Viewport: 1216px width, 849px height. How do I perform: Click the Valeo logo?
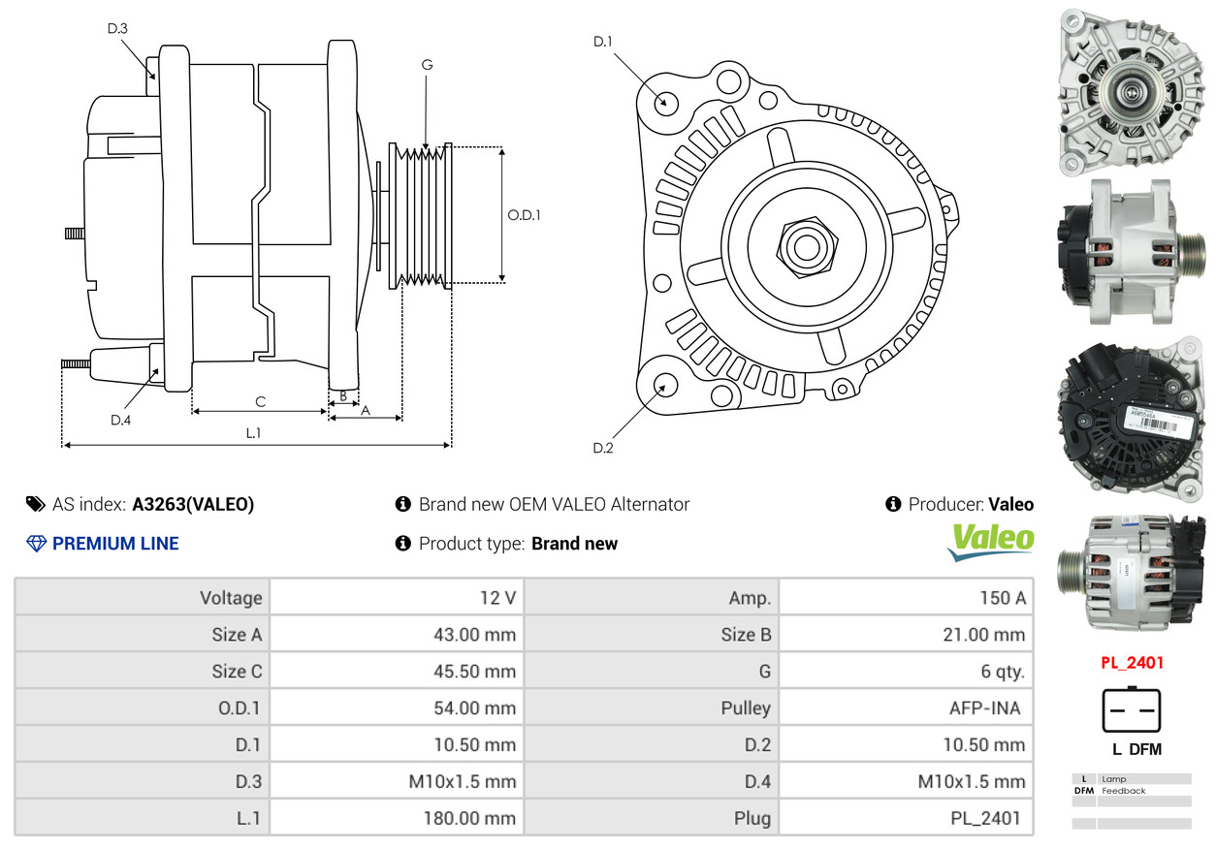[x=991, y=540]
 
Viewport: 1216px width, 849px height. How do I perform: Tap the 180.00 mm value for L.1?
[x=469, y=818]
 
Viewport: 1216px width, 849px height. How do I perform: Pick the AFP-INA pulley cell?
[x=984, y=707]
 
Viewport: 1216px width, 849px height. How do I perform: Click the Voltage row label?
[x=231, y=597]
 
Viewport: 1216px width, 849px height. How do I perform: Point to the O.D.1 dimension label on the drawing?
[x=524, y=215]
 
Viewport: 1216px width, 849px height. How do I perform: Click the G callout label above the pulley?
[x=427, y=65]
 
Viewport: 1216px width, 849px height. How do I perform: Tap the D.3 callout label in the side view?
[x=117, y=28]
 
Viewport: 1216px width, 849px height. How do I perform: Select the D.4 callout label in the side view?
[x=120, y=420]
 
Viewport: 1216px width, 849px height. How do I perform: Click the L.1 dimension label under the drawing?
[x=253, y=433]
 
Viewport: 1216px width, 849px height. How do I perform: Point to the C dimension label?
[x=260, y=401]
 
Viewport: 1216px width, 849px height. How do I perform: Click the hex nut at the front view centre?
[x=805, y=245]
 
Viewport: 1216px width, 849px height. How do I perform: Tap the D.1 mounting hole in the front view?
[x=665, y=102]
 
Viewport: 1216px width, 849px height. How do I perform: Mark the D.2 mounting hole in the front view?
[x=665, y=385]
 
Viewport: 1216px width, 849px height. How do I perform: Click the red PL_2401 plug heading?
[x=1132, y=663]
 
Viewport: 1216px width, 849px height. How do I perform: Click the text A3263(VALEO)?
[x=193, y=504]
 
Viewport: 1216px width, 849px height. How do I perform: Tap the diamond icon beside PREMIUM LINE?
[x=36, y=544]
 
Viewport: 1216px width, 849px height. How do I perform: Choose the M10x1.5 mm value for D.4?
[x=971, y=781]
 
